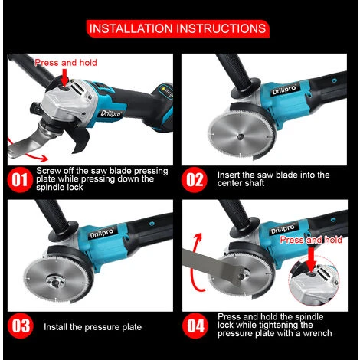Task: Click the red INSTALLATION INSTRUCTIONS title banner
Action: click(178, 28)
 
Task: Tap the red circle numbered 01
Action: click(20, 179)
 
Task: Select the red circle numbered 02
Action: click(194, 179)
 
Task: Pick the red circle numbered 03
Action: click(20, 326)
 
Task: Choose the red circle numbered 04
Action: click(195, 326)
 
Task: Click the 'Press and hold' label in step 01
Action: click(66, 63)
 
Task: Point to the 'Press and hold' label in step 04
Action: click(311, 240)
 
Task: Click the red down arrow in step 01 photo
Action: click(65, 77)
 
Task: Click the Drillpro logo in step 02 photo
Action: click(284, 90)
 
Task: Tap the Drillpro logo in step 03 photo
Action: click(101, 233)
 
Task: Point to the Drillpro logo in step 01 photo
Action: click(110, 113)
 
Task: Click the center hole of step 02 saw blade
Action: click(240, 137)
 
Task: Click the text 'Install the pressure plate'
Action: click(93, 327)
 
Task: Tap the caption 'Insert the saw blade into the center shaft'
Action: click(273, 179)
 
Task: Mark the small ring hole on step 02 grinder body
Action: click(334, 80)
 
